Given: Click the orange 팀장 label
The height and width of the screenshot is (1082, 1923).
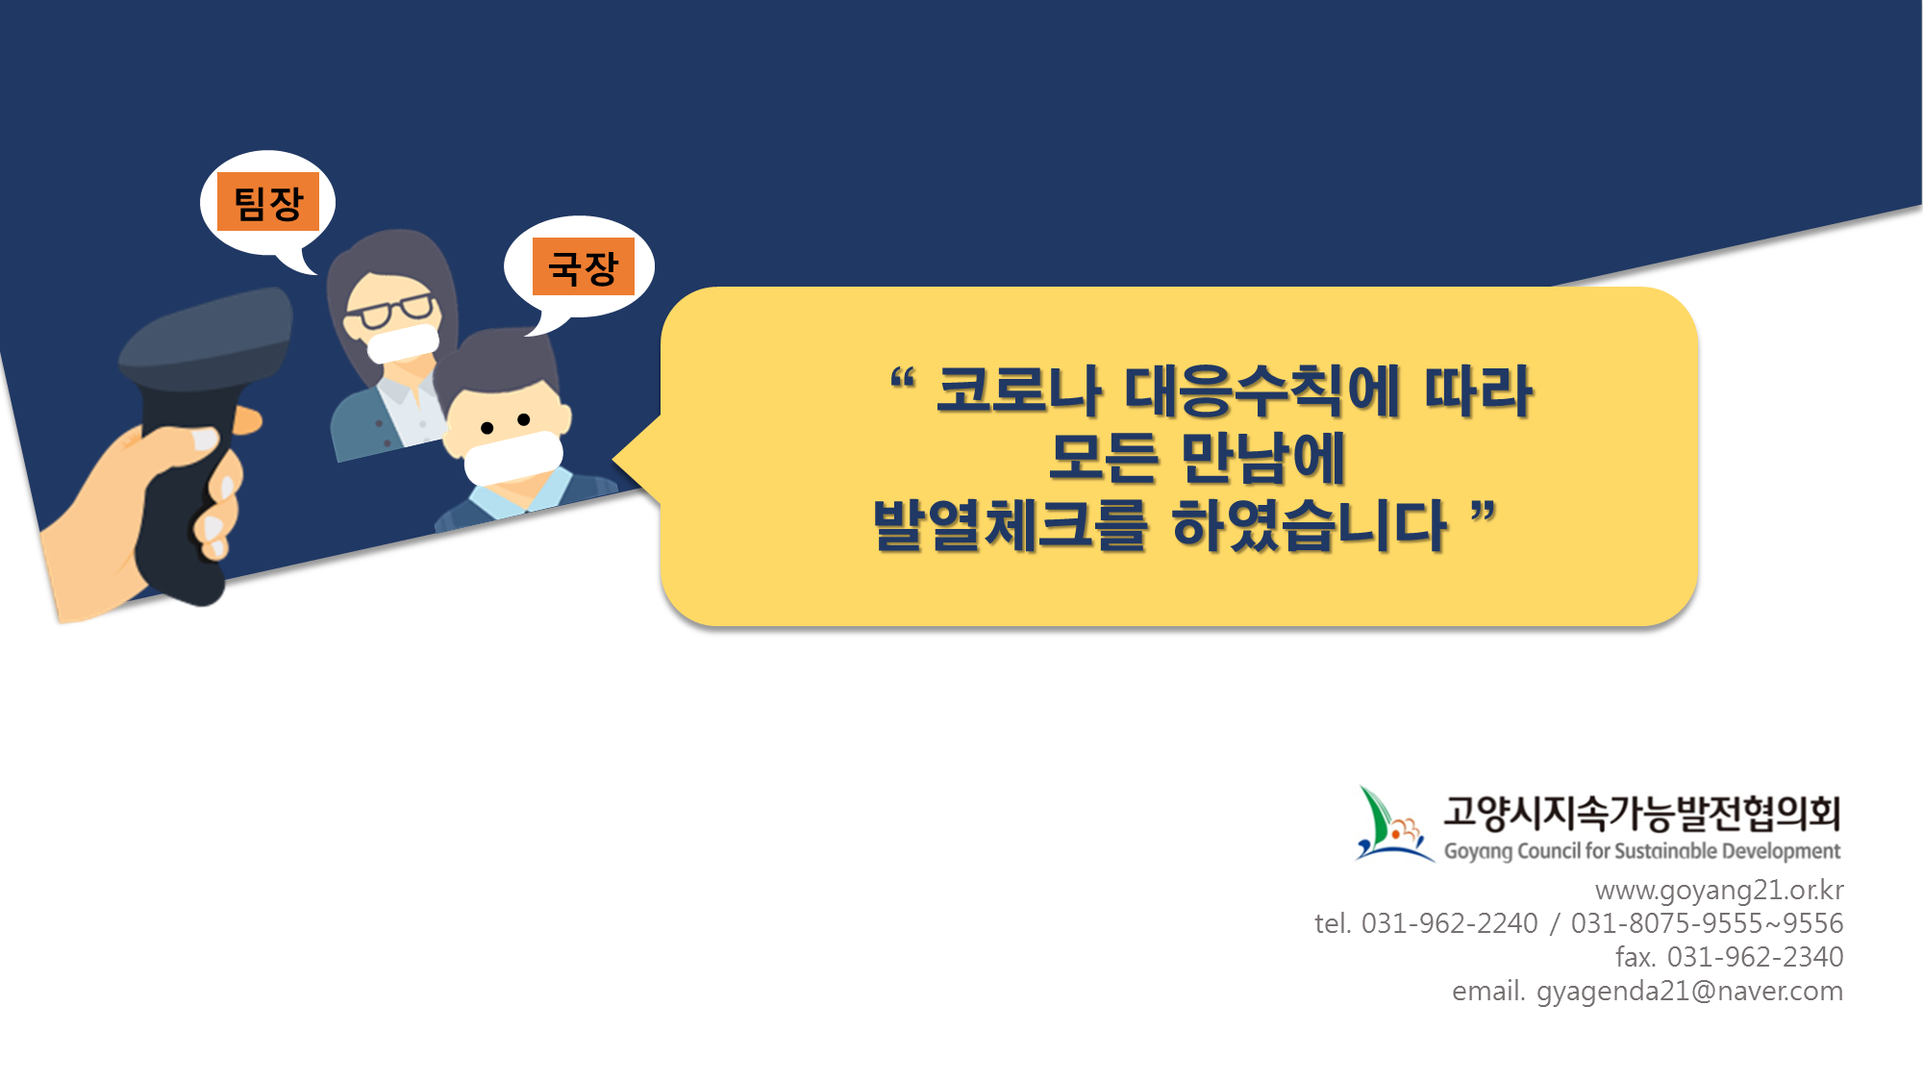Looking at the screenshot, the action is coord(268,202).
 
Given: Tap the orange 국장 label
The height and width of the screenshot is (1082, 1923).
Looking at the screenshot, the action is coord(584,266).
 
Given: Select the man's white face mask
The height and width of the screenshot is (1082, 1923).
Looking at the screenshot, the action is coord(513,458).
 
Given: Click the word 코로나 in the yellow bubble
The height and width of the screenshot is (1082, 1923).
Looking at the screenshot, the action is coord(1018,391).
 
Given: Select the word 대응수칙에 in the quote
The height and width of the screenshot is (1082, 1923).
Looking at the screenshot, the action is coord(1261,391).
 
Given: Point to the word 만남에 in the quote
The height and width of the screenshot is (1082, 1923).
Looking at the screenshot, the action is coord(1262,458).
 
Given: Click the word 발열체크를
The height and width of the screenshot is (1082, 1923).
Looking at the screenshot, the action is coord(1011,525).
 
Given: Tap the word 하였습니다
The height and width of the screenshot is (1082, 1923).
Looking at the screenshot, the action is coord(1310,525).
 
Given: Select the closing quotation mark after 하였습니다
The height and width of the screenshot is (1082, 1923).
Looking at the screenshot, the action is coord(1484,512).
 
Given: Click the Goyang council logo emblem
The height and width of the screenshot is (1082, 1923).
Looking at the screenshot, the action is coord(1393,824).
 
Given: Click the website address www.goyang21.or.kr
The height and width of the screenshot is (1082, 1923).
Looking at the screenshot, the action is coord(1719,891).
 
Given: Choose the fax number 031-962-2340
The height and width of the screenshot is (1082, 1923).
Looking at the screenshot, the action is coord(1756,957).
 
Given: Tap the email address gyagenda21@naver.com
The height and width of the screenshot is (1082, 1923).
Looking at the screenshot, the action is coord(1689,991).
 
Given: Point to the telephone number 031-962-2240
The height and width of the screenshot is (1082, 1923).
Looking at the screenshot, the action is coord(1450,923).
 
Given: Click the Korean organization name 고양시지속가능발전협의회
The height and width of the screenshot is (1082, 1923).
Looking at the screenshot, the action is coord(1641,813).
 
